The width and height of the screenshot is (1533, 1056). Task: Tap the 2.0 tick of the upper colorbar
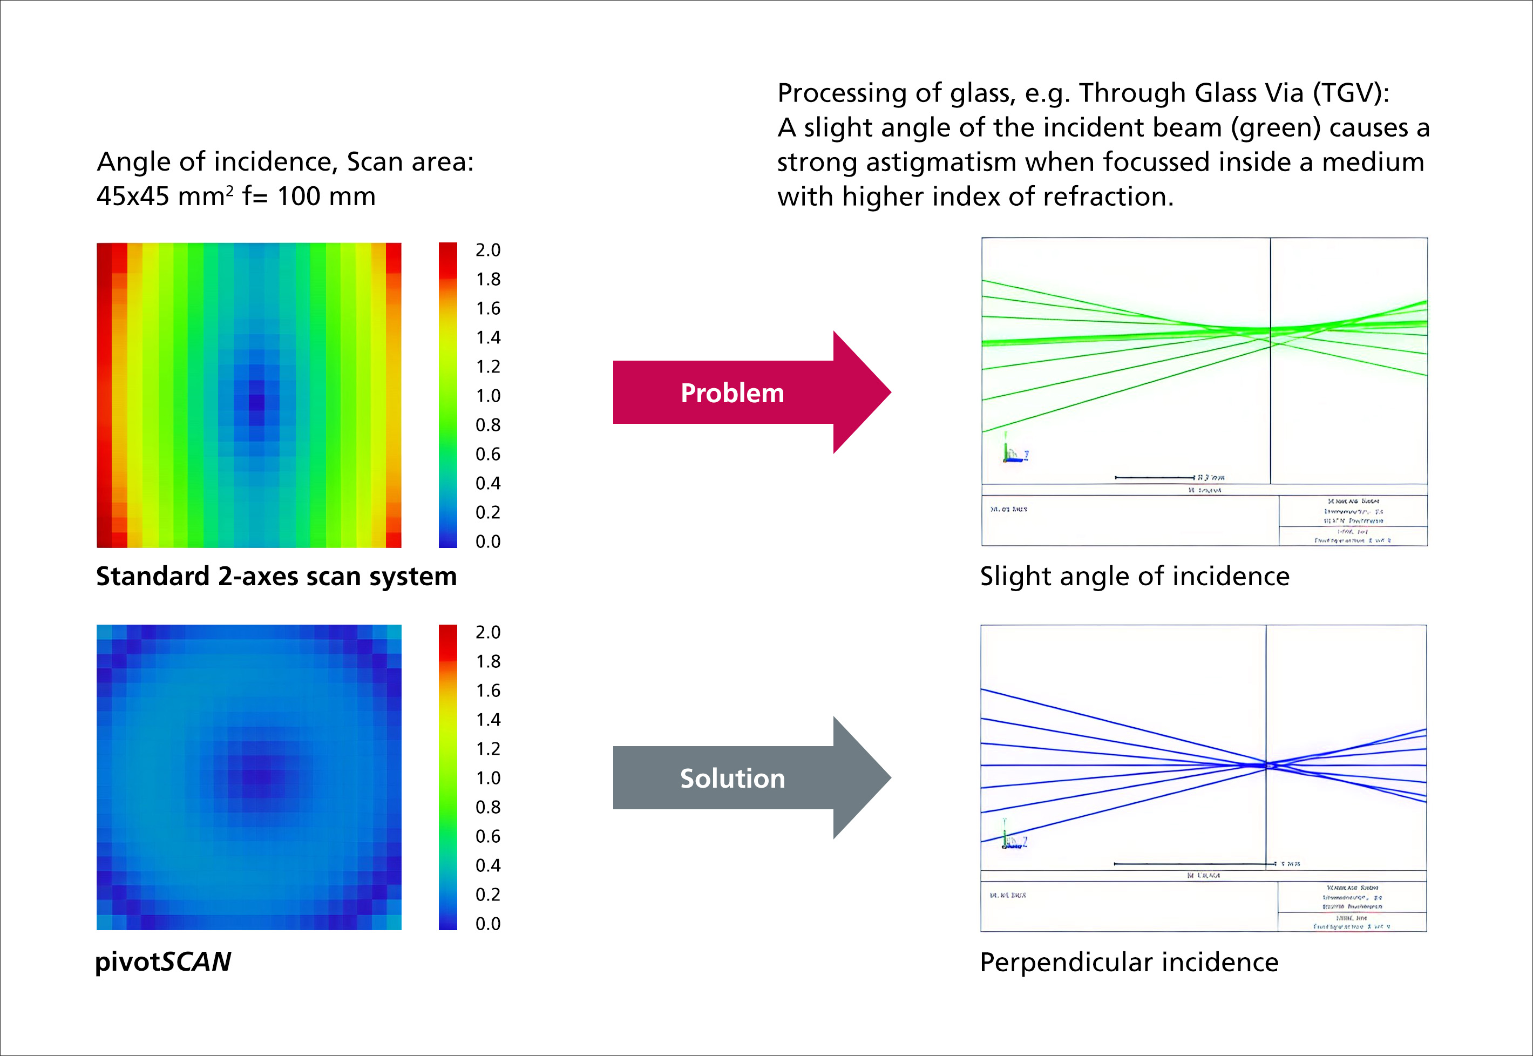pos(487,250)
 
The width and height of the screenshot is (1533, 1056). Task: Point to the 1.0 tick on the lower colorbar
pos(487,778)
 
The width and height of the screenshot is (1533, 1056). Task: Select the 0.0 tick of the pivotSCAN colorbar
pos(487,924)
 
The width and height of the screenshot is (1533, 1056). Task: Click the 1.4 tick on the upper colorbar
pos(487,337)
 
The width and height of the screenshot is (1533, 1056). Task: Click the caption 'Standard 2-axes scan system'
pos(276,576)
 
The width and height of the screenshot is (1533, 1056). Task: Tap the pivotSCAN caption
pos(164,962)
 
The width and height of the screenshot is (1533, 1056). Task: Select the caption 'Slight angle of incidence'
pos(1134,576)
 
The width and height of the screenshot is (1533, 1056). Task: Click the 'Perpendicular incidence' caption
pos(1129,962)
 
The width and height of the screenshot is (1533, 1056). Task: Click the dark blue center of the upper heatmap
pos(256,402)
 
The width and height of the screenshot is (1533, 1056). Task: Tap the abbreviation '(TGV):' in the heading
pos(1351,93)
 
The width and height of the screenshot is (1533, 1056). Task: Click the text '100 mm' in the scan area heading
pos(326,197)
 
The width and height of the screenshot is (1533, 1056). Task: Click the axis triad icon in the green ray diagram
pos(1014,451)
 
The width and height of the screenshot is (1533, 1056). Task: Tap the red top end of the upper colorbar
pos(447,252)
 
